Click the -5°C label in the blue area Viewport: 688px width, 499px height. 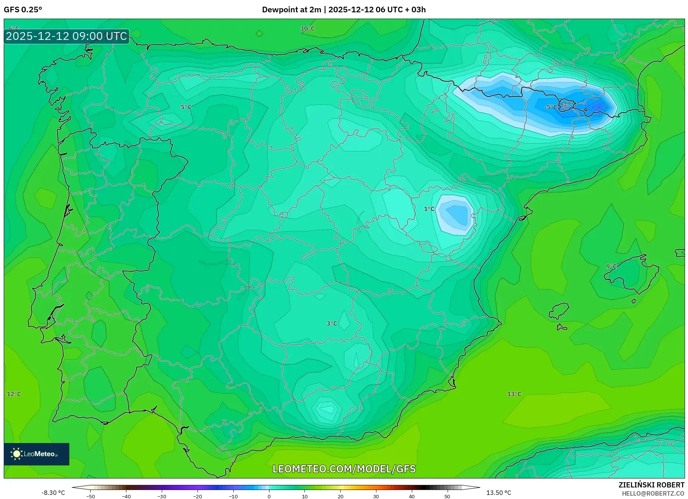tap(551, 107)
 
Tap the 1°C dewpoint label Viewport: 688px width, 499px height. tap(429, 209)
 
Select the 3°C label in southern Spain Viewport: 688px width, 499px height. tap(332, 323)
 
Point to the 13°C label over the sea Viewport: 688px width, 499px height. tap(514, 394)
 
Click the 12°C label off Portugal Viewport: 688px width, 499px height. tap(14, 394)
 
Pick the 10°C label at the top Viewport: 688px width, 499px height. tap(307, 29)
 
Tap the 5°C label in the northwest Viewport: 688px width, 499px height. tap(186, 107)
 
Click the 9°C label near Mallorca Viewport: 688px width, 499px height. tap(611, 266)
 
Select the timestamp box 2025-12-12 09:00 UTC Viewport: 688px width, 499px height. tap(67, 36)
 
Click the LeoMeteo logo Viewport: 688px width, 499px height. tap(37, 454)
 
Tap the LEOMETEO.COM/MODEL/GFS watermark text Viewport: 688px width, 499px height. tap(344, 469)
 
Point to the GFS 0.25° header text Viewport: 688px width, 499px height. tap(23, 10)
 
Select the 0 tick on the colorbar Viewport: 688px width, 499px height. tap(269, 496)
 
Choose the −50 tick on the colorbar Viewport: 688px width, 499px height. tap(91, 496)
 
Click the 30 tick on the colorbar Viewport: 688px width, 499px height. tap(376, 496)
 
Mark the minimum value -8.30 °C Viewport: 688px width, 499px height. tap(53, 493)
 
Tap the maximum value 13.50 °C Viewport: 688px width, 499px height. tap(498, 493)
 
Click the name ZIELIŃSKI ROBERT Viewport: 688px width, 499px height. tap(651, 485)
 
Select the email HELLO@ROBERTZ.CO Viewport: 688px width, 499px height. tap(653, 493)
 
